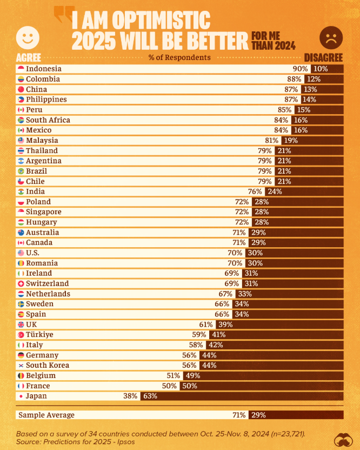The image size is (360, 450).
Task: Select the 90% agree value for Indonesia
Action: pos(301,69)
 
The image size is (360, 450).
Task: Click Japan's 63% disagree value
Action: pos(150,396)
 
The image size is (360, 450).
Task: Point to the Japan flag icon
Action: pos(21,396)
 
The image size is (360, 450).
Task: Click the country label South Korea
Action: pos(48,365)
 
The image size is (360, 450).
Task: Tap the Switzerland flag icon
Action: pos(21,283)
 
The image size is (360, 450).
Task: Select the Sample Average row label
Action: pos(46,415)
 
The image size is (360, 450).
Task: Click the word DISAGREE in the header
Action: pos(324,57)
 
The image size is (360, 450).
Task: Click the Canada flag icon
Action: pos(21,242)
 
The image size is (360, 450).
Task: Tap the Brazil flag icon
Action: pos(21,171)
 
